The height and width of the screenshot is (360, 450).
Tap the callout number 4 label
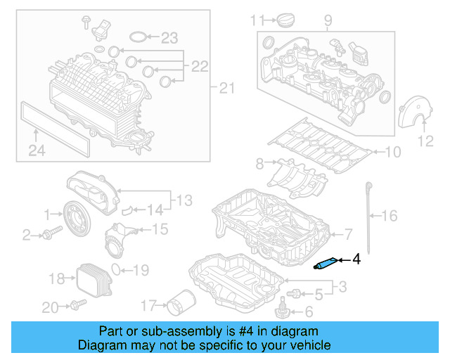click(x=356, y=260)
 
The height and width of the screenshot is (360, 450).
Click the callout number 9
click(x=327, y=20)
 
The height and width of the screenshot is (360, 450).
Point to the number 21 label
click(x=224, y=88)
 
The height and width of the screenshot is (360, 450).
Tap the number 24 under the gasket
click(x=37, y=149)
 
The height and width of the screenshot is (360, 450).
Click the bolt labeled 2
click(x=47, y=233)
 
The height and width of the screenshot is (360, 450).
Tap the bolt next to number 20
click(x=77, y=305)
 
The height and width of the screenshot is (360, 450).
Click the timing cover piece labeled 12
click(x=409, y=115)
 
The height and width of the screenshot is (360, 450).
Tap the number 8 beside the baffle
click(x=259, y=164)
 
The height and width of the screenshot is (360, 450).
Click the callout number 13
click(x=184, y=201)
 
